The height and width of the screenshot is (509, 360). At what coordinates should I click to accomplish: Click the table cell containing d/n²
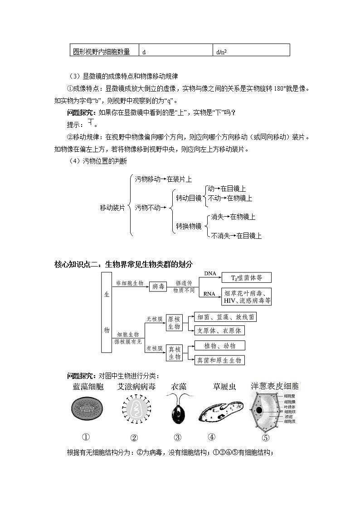point(251,50)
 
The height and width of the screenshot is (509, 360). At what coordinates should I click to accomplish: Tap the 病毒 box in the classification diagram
point(158,286)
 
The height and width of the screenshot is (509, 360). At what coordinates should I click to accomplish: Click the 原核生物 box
point(174,322)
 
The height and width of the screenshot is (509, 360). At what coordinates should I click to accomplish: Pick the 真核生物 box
point(174,353)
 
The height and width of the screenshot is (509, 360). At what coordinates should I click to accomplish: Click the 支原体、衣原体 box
point(219,330)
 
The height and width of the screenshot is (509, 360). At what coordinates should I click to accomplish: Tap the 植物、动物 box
point(219,345)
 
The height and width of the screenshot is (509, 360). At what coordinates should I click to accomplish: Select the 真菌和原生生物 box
point(219,360)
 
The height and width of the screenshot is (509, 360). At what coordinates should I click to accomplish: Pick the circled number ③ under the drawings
point(177,437)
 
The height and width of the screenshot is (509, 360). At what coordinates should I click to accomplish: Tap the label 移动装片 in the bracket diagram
point(112,208)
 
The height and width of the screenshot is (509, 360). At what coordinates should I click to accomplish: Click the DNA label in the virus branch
point(210,273)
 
